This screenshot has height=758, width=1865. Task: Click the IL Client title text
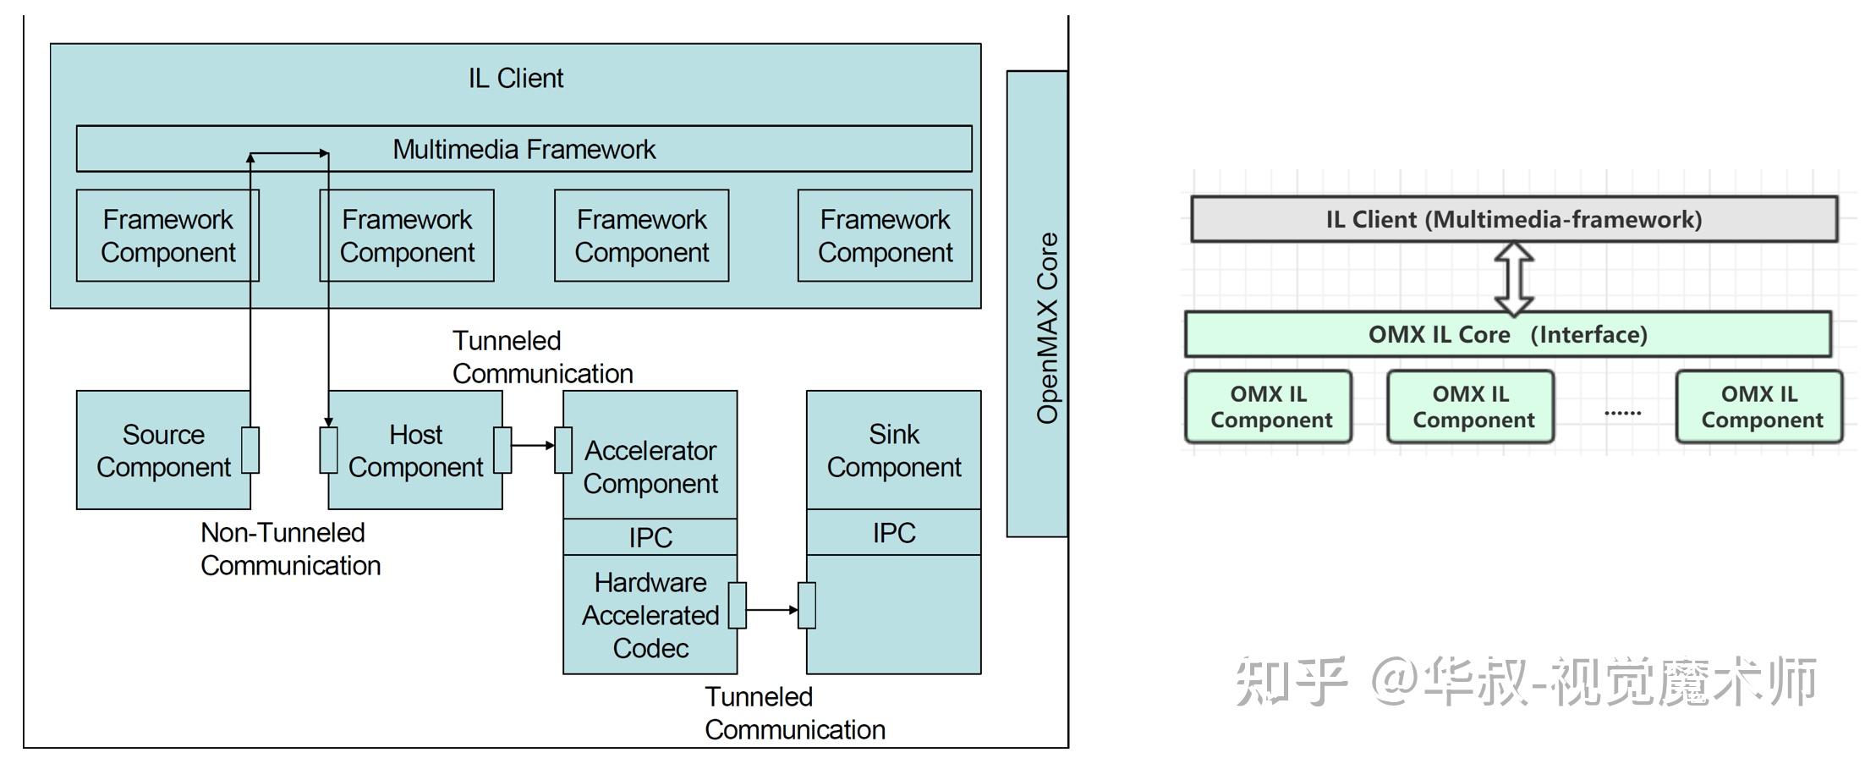click(515, 78)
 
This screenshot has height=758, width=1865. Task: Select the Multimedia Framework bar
click(524, 149)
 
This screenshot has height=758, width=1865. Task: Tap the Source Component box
click(162, 450)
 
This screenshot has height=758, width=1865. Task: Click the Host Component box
click(415, 450)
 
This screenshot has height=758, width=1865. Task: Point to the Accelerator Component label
click(650, 466)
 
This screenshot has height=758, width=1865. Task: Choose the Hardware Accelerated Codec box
click(650, 615)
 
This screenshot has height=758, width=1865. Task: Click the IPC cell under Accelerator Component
click(650, 537)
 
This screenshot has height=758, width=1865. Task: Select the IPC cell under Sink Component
click(893, 532)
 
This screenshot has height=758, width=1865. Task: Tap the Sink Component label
click(893, 450)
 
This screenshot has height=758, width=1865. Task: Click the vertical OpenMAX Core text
click(1047, 328)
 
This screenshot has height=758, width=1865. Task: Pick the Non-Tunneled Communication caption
click(289, 548)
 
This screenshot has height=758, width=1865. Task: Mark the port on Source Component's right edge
click(250, 450)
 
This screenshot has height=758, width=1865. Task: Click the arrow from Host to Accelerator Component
click(533, 445)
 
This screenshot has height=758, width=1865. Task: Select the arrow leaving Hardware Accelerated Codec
click(771, 609)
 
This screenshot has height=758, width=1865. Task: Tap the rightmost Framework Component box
click(885, 235)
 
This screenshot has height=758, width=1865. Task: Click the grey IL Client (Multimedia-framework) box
click(1513, 219)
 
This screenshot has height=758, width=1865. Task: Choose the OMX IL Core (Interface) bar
click(1507, 334)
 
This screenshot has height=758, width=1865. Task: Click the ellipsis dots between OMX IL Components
click(1622, 413)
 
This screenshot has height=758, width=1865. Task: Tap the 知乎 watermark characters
click(1291, 681)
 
